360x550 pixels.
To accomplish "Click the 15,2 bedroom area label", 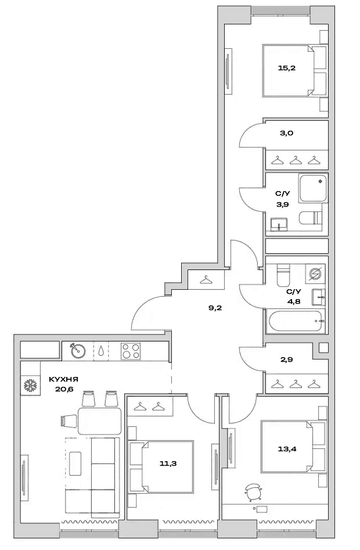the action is [x=287, y=68].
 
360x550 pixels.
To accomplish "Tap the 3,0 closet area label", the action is [x=286, y=133].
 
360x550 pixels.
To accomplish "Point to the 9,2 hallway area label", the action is [x=215, y=308].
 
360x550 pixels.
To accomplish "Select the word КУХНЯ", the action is [x=63, y=379].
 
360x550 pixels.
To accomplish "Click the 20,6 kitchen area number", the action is [x=64, y=389].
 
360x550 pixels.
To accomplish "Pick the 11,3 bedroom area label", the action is [x=168, y=463].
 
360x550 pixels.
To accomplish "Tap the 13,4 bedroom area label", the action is [x=287, y=448].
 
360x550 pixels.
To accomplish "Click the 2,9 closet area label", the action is [x=286, y=360].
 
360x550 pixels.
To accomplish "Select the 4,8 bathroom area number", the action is [x=293, y=301].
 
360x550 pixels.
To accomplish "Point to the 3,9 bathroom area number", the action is [x=282, y=204].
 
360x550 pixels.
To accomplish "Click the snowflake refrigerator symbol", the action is [x=31, y=386].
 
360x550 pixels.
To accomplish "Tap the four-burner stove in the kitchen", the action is [x=131, y=351].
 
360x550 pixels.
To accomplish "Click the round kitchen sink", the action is [x=78, y=350].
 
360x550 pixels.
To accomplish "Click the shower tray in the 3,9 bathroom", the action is [x=313, y=188].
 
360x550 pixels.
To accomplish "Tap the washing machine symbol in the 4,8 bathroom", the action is [x=315, y=272].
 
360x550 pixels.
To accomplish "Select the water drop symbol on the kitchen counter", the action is [x=101, y=350].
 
